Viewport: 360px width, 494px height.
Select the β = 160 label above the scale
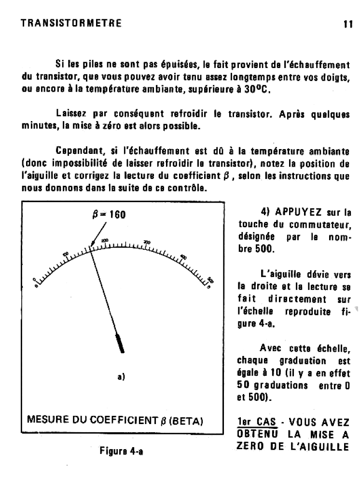pos(110,214)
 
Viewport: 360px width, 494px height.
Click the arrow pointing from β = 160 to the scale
pos(98,233)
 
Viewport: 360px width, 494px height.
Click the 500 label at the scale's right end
pos(210,279)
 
